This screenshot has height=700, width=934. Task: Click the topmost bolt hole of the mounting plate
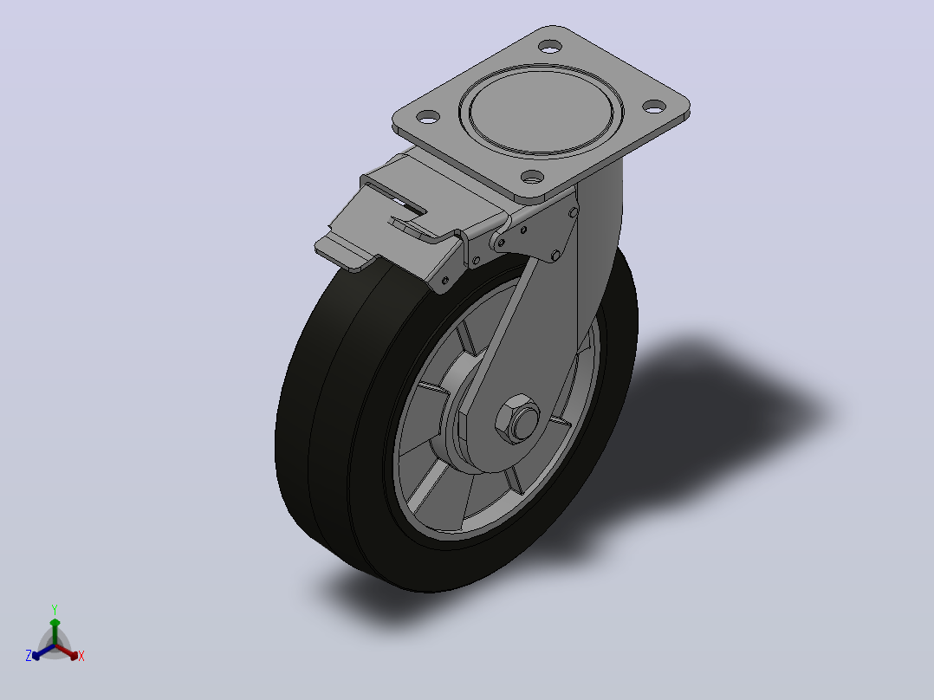click(550, 46)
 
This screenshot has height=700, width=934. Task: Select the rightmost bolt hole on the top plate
click(654, 107)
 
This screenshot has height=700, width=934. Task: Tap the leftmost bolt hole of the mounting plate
click(428, 116)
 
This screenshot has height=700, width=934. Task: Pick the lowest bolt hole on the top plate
click(533, 177)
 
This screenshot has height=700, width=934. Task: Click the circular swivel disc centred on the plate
click(541, 112)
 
